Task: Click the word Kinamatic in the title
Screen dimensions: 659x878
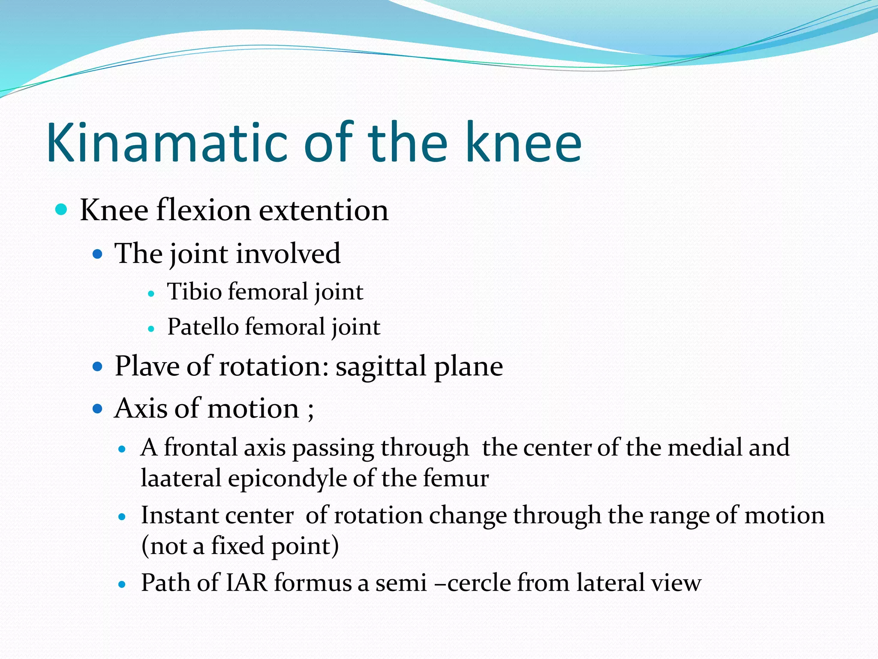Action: tap(167, 142)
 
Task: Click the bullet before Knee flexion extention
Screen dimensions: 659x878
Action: tap(62, 210)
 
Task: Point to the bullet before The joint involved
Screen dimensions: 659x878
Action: tap(98, 254)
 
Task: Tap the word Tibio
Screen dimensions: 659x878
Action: tap(194, 292)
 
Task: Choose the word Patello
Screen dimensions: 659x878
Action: tap(203, 327)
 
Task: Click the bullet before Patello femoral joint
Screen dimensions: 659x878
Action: tap(150, 329)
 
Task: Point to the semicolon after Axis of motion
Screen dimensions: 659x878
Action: tap(311, 410)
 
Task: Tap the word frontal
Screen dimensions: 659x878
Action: tap(201, 447)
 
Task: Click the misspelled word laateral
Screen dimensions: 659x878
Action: tap(181, 478)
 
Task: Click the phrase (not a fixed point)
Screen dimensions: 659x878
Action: tap(240, 546)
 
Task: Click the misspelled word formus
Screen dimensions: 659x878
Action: tap(313, 583)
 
